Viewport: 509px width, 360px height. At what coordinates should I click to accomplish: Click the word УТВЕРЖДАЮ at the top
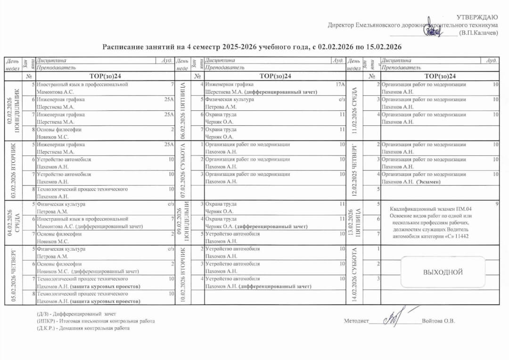pyautogui.click(x=477, y=17)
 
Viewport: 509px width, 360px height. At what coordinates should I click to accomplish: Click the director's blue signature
pyautogui.click(x=433, y=31)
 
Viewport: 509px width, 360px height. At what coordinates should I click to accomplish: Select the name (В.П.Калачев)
pyautogui.click(x=478, y=33)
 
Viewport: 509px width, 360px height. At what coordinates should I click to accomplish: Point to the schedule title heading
pyautogui.click(x=252, y=47)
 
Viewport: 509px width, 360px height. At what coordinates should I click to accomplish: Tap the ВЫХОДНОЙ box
pyautogui.click(x=443, y=272)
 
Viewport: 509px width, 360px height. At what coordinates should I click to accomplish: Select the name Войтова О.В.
pyautogui.click(x=439, y=321)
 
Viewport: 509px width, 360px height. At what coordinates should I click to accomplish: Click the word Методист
pyautogui.click(x=356, y=321)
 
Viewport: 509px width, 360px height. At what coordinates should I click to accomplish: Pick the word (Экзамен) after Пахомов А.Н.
pyautogui.click(x=428, y=181)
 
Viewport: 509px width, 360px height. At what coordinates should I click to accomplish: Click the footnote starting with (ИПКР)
pyautogui.click(x=96, y=321)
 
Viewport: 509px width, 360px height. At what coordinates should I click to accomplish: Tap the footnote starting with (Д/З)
pyautogui.click(x=76, y=314)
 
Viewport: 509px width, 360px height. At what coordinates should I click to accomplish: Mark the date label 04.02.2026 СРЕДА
pyautogui.click(x=11, y=222)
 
